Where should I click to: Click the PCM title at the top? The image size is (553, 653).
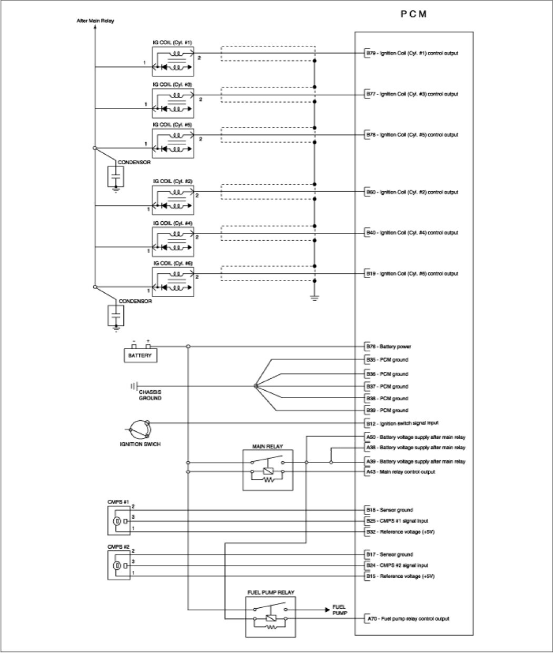pos(413,15)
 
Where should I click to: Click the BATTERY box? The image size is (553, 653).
pos(140,355)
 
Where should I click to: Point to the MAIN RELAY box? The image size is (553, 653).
pos(268,470)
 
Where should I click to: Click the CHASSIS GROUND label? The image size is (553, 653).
pos(150,395)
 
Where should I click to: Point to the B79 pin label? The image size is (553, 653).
pos(412,53)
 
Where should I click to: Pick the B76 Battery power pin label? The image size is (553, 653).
pos(389,347)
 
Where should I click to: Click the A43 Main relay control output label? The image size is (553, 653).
pos(401,472)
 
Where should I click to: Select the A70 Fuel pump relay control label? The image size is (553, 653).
pos(408,619)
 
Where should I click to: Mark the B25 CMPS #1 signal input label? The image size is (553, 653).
pos(397,521)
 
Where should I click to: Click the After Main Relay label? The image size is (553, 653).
pos(95,21)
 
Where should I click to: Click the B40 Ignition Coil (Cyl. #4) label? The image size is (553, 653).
pos(412,233)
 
